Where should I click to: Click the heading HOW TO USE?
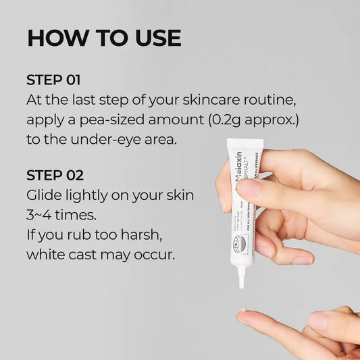(x=104, y=38)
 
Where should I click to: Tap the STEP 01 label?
(x=53, y=80)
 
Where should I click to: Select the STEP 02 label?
(x=55, y=176)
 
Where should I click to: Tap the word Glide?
(x=45, y=196)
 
